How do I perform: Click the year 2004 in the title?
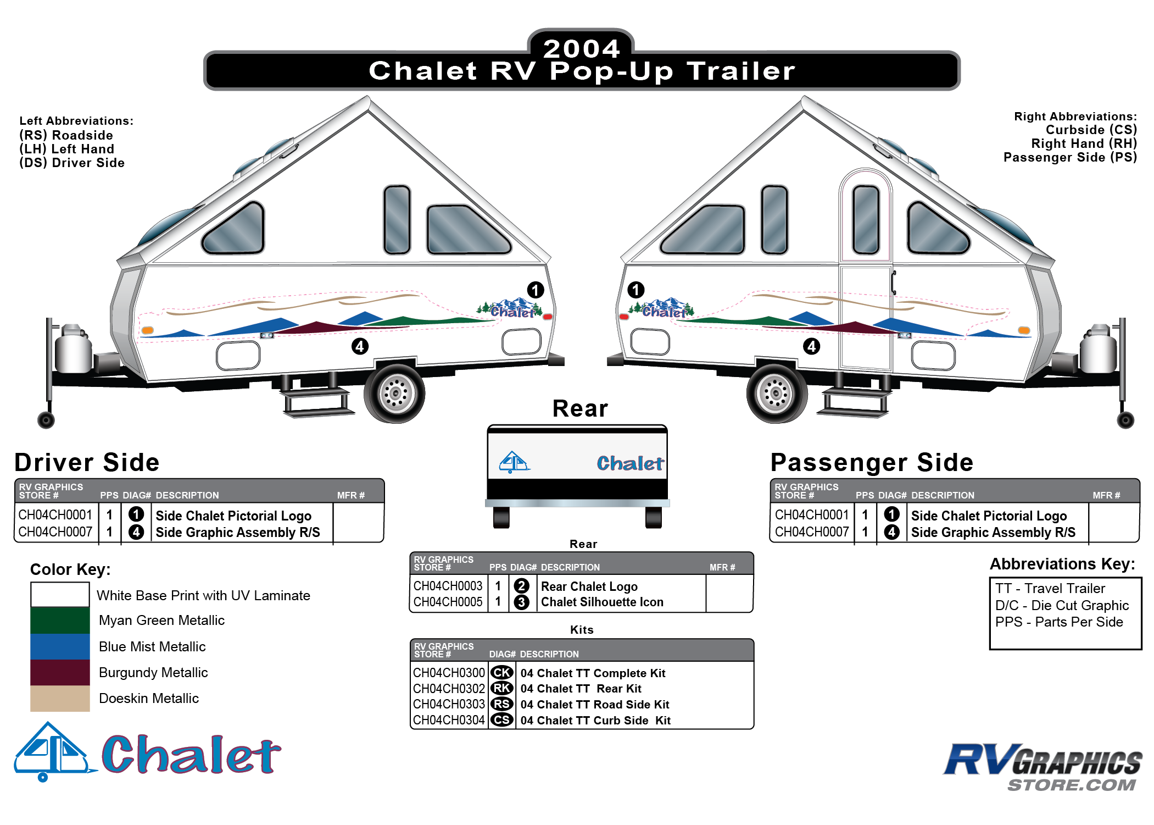pos(582,48)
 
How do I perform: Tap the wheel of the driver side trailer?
pos(394,393)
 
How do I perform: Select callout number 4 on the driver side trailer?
pos(360,346)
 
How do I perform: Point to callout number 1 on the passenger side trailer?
pos(635,290)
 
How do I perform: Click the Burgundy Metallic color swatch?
pos(60,672)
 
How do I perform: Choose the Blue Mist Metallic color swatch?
pos(60,646)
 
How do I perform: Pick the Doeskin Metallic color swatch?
pos(60,698)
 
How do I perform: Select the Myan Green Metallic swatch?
pos(60,621)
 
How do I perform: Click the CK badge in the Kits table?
pos(501,673)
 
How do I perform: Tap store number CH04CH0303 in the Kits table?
pos(449,704)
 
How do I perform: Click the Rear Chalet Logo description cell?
pos(589,586)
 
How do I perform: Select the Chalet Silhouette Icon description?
pos(602,602)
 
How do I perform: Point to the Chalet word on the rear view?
pos(630,463)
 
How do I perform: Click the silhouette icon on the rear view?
pos(514,462)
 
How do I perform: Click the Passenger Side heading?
pos(872,462)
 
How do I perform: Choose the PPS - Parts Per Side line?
pos(1059,622)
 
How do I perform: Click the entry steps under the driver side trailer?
pos(316,398)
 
